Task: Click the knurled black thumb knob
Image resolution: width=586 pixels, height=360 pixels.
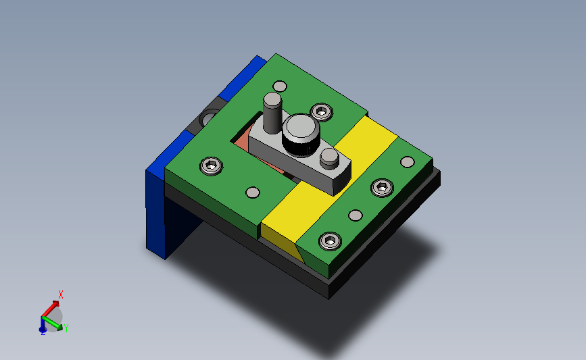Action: click(301, 134)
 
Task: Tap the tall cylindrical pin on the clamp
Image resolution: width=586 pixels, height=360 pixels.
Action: click(272, 113)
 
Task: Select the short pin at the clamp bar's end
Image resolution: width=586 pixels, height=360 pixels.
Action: click(329, 157)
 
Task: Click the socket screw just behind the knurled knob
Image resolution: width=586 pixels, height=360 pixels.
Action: click(322, 111)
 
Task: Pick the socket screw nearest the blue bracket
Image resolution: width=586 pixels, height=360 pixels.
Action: click(211, 165)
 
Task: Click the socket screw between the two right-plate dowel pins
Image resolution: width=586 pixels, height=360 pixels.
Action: click(382, 188)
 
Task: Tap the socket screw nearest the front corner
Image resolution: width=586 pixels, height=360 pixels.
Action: click(330, 241)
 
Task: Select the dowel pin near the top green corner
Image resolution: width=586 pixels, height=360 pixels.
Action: click(280, 86)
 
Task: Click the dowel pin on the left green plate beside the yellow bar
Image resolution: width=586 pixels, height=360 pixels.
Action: click(253, 192)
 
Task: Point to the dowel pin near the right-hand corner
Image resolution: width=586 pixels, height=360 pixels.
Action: click(408, 162)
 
